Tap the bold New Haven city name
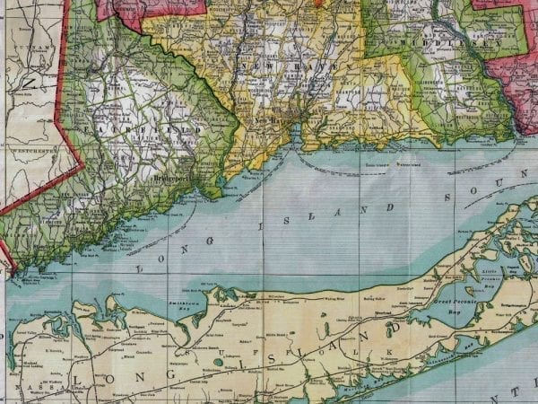click(x=274, y=119)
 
